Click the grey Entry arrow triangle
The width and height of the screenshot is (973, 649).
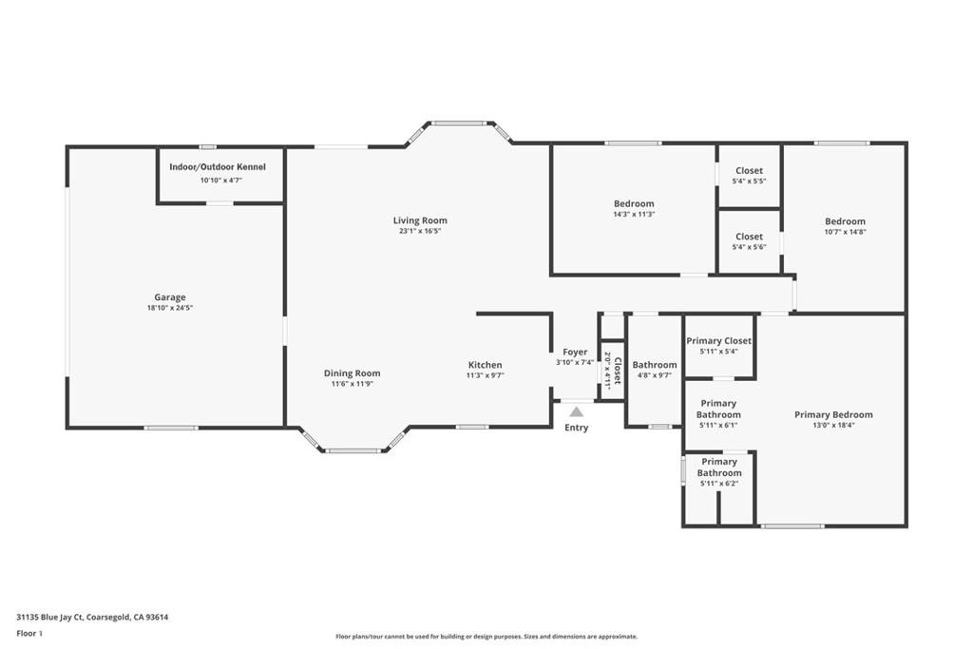pyautogui.click(x=576, y=411)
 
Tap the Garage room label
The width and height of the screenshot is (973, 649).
pyautogui.click(x=171, y=297)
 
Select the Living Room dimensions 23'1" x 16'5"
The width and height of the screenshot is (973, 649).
pyautogui.click(x=420, y=231)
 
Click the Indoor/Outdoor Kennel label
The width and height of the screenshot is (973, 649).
pyautogui.click(x=218, y=167)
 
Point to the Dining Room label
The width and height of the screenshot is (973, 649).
pyautogui.click(x=352, y=373)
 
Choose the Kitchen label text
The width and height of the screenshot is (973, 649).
pyautogui.click(x=485, y=365)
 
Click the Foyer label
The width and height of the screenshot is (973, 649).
pyautogui.click(x=575, y=353)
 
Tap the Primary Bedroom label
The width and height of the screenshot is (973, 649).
pyautogui.click(x=833, y=414)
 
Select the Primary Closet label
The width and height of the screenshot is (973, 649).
pyautogui.click(x=719, y=340)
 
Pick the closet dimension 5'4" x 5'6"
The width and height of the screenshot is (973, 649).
pyautogui.click(x=749, y=247)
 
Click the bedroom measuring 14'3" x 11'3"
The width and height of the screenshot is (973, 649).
pyautogui.click(x=634, y=209)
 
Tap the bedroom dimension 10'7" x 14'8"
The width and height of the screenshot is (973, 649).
pyautogui.click(x=845, y=231)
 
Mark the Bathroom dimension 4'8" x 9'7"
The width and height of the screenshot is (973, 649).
pyautogui.click(x=655, y=375)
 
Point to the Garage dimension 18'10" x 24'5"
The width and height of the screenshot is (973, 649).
pyautogui.click(x=171, y=308)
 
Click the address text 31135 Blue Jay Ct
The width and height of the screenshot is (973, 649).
pyautogui.click(x=57, y=617)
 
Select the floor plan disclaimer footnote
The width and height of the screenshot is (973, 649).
pyautogui.click(x=486, y=637)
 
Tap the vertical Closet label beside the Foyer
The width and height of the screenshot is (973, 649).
pyautogui.click(x=617, y=369)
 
